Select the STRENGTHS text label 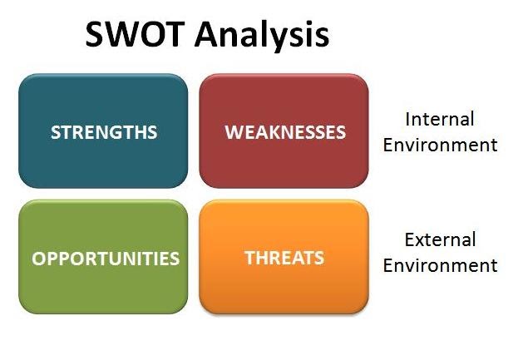104,132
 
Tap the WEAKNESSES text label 285,132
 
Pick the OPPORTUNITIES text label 106,259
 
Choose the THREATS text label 284,258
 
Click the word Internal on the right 439,119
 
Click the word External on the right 440,240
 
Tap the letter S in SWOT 95,35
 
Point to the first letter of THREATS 249,258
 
